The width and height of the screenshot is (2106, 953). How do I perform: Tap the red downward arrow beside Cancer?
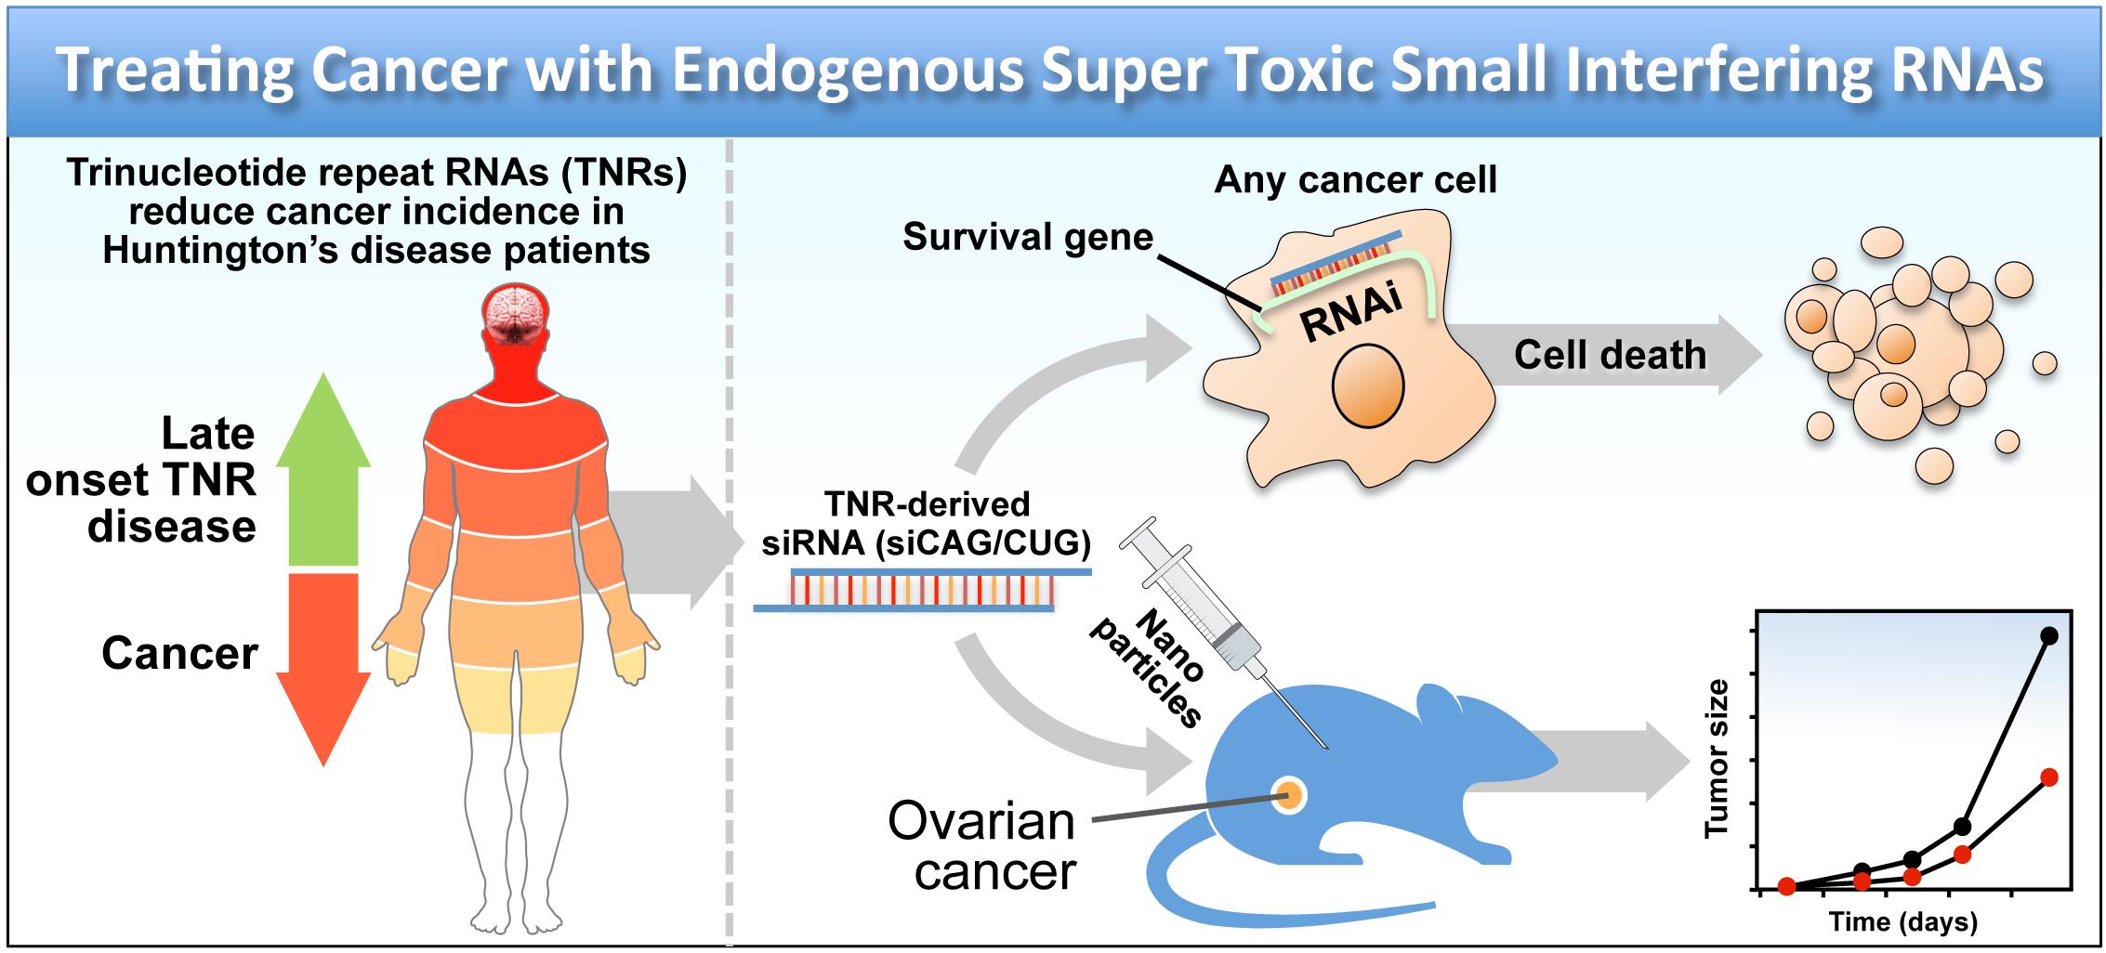coord(322,664)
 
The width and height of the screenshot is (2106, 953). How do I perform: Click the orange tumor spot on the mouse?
coord(1289,794)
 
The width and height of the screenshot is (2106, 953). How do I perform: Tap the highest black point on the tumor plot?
coord(2043,635)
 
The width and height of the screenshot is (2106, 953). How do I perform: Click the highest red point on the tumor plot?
coord(2049,777)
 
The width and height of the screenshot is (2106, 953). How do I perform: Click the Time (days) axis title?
coord(1903,922)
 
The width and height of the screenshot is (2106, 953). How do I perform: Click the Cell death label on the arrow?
coord(1611,355)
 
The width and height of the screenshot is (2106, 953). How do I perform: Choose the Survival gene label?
coord(1028,238)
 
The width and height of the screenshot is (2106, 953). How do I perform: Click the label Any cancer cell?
coord(1356,179)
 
